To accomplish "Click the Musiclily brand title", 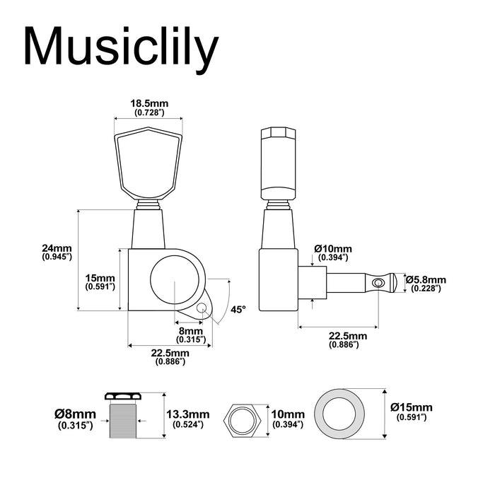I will [x=121, y=47].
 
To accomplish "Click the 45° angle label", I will [x=238, y=309].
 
